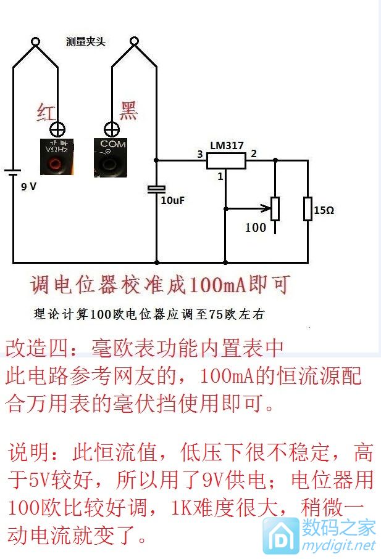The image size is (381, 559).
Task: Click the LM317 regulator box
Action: pyautogui.click(x=226, y=161)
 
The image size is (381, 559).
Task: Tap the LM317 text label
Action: pyautogui.click(x=227, y=146)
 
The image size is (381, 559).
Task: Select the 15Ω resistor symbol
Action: pyautogui.click(x=308, y=208)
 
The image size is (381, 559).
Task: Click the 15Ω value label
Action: pyautogui.click(x=325, y=210)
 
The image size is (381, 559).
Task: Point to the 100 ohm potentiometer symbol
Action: pyautogui.click(x=275, y=210)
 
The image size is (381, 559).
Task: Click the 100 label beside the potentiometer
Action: pyautogui.click(x=255, y=227)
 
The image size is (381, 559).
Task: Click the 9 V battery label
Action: pyautogui.click(x=29, y=186)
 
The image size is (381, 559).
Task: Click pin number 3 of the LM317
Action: pyautogui.click(x=199, y=154)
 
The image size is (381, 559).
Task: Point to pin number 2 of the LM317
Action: pyautogui.click(x=253, y=153)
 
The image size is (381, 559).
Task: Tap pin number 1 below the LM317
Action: pyautogui.click(x=219, y=177)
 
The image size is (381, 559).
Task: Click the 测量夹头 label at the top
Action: pyautogui.click(x=86, y=42)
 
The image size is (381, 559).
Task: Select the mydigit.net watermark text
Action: pyautogui.click(x=338, y=545)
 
